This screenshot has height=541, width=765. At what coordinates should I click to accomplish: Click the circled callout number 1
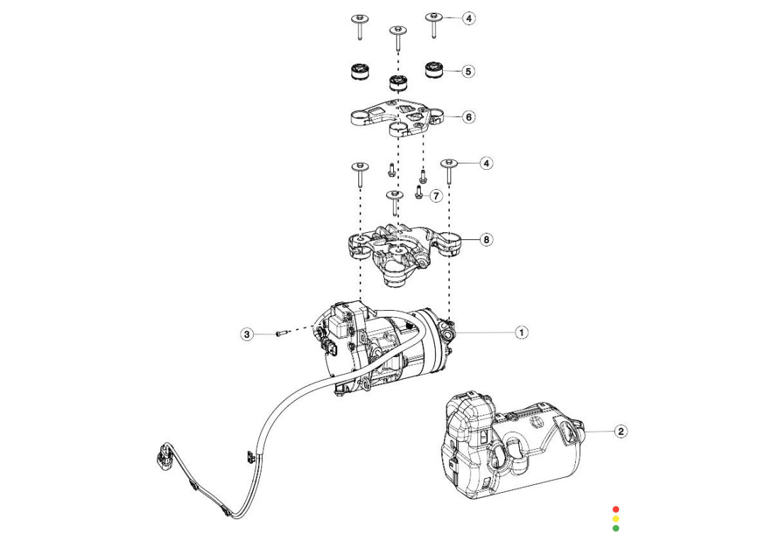point(521,332)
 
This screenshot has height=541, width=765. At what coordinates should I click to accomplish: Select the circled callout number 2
point(620,431)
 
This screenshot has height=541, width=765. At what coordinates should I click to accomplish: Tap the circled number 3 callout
point(246,334)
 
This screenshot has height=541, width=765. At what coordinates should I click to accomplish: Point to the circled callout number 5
point(468,72)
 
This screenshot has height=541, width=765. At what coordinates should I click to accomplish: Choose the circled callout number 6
point(468,117)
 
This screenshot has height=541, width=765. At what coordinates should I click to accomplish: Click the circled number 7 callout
point(436,195)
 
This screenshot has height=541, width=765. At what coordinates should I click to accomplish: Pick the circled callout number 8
point(486,239)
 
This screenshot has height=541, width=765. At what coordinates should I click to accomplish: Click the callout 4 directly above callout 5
point(469,18)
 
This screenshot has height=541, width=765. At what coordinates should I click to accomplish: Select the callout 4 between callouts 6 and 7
point(486,164)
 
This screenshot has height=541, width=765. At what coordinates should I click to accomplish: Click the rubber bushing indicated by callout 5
point(433,71)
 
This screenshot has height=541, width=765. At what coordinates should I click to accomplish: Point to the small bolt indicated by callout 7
point(418,193)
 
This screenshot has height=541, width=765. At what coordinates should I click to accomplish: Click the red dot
point(616,509)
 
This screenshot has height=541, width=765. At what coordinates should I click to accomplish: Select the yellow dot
point(616,518)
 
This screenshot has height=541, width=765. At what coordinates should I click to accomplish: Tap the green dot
point(616,528)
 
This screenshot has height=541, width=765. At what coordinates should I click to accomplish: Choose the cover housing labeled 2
point(510,446)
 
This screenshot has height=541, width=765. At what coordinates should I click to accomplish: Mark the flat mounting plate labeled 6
point(397,117)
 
